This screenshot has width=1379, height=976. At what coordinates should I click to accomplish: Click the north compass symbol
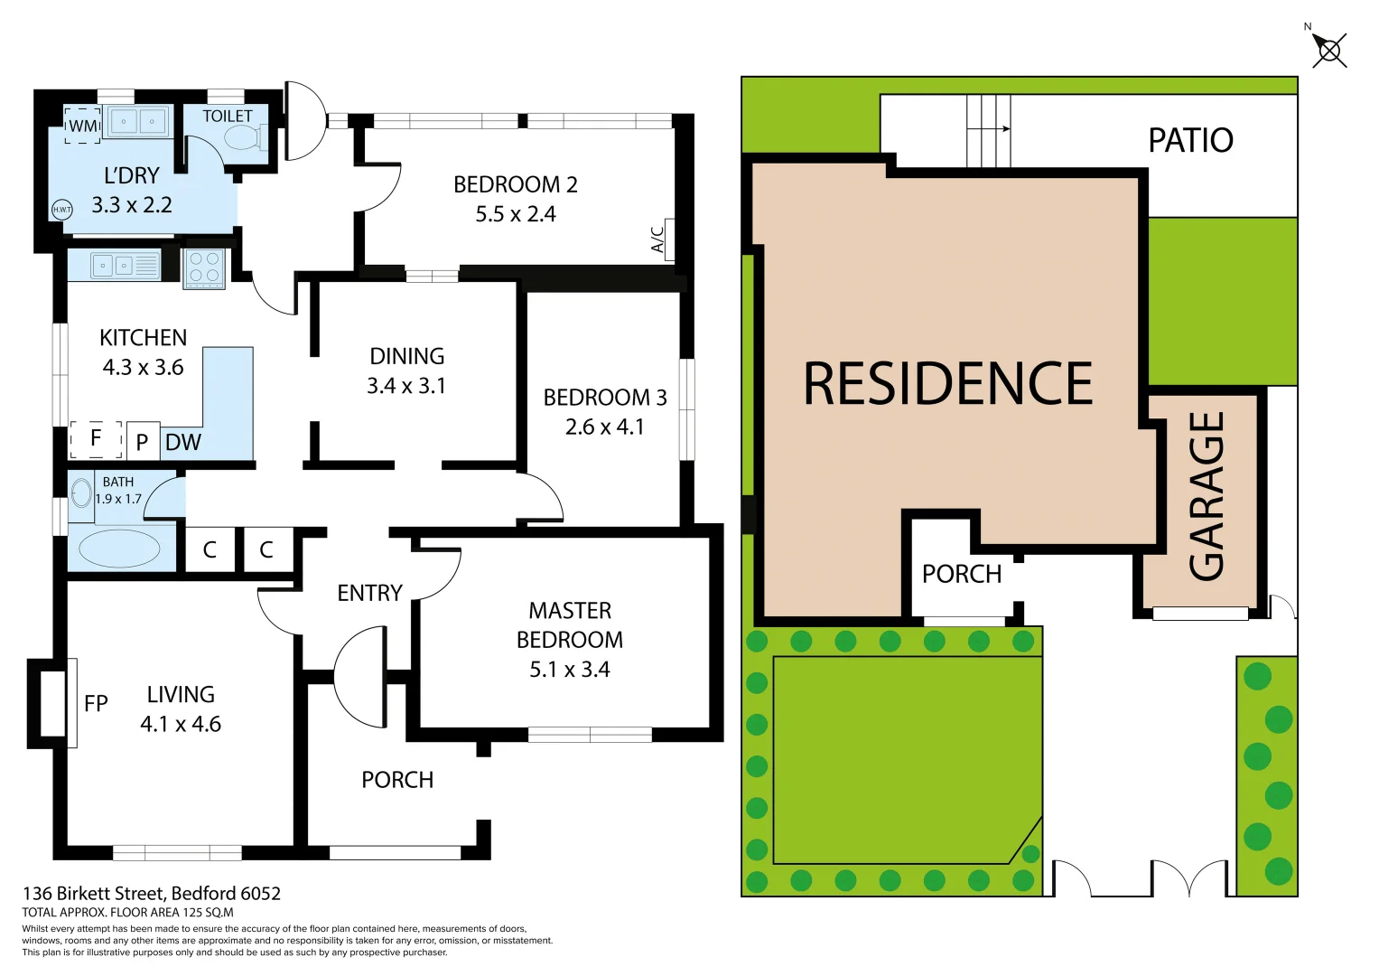[x=1328, y=50]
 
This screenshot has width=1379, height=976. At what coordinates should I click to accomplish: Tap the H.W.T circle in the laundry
[x=61, y=210]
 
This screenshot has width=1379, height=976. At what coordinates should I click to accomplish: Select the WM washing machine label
[x=83, y=127]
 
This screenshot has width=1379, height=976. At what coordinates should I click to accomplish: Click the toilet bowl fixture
[x=241, y=138]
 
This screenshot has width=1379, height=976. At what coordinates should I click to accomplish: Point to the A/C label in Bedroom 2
[x=658, y=239]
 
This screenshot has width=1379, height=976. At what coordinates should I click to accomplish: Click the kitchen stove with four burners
[x=204, y=268]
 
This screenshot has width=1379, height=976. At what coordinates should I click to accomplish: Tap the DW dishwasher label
[x=183, y=443]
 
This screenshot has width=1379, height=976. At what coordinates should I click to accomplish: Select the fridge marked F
[x=96, y=439]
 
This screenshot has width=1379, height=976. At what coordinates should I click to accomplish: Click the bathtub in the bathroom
[x=119, y=548]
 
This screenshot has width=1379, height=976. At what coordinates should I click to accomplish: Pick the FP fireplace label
[x=96, y=704]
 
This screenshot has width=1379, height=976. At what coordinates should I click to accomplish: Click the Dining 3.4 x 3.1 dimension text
[x=406, y=386]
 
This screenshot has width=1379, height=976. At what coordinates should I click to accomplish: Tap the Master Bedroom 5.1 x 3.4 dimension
[x=569, y=670]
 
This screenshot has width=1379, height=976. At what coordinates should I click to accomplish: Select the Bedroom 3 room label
[x=604, y=398]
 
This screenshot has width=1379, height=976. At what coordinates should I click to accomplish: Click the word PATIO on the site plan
[x=1190, y=141]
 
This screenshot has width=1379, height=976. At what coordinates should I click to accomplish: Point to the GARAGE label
[x=1207, y=496]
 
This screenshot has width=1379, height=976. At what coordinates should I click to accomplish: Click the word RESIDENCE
[x=947, y=384]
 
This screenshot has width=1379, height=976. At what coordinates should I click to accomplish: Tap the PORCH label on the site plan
[x=961, y=575]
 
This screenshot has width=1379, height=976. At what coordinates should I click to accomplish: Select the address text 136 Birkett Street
[x=152, y=894]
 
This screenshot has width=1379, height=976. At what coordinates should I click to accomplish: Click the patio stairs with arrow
[x=988, y=131]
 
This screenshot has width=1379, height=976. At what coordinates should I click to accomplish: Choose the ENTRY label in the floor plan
[x=369, y=594]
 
